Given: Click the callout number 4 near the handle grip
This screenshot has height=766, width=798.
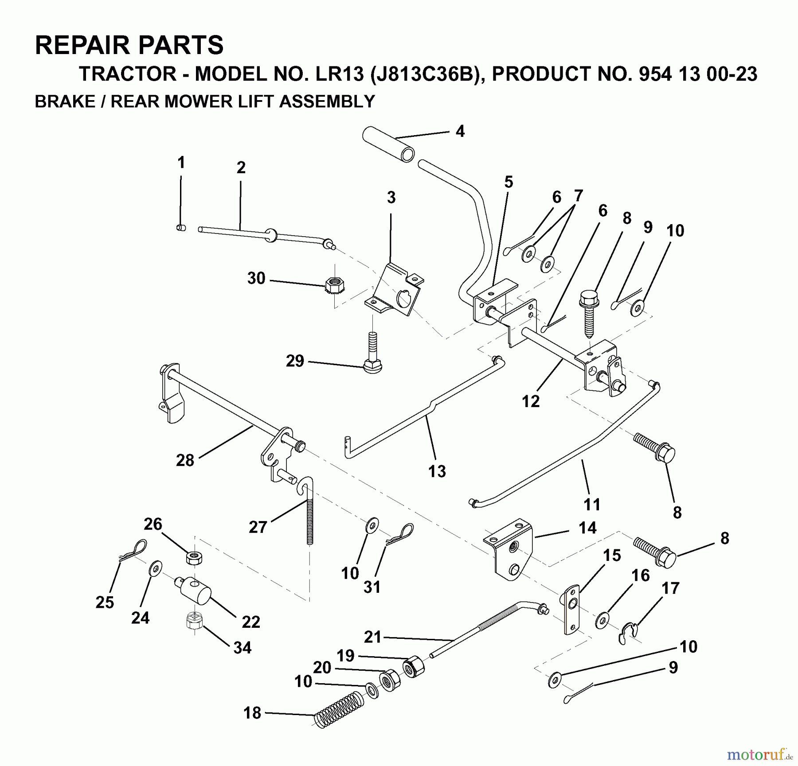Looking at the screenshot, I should [460, 131].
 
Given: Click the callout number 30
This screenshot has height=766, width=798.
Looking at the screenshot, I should [256, 279].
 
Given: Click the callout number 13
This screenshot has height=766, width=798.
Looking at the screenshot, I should [437, 471].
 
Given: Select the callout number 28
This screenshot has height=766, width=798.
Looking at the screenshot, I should [185, 460].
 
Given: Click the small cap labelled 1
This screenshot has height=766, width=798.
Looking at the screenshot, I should [180, 228].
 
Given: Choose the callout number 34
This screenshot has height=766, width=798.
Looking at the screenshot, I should [242, 648].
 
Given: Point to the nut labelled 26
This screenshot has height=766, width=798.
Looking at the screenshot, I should [193, 557].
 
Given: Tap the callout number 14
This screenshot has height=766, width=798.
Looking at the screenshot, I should [587, 528].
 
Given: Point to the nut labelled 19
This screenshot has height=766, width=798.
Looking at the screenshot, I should [413, 667].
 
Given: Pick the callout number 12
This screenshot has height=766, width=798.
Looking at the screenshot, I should [531, 401].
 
